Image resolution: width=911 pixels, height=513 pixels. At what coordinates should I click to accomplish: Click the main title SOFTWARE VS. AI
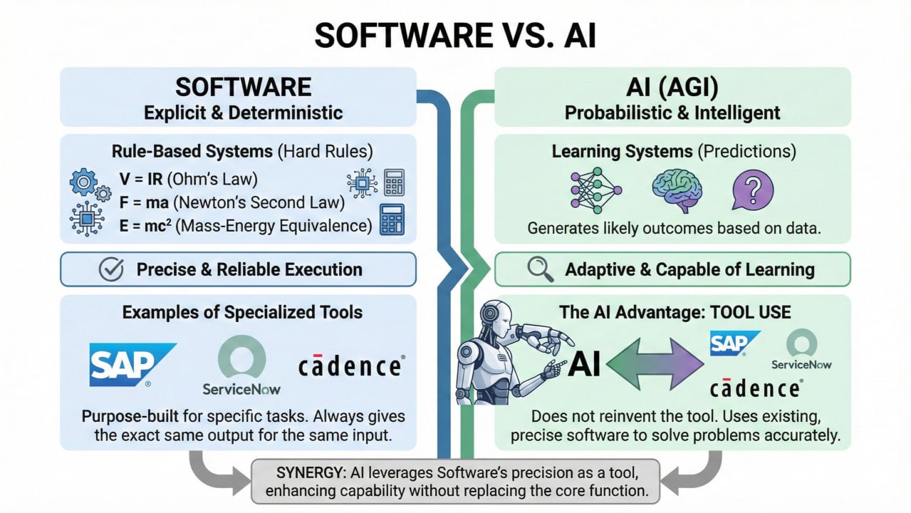(x=455, y=34)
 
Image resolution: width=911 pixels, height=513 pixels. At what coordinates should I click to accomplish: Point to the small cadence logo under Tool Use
(x=756, y=388)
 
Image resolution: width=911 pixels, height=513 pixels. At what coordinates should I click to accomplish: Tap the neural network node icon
(x=595, y=190)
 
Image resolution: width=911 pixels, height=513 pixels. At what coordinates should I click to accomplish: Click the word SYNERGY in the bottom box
(x=298, y=473)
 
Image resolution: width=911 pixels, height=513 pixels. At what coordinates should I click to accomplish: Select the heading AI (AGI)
(x=672, y=88)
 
